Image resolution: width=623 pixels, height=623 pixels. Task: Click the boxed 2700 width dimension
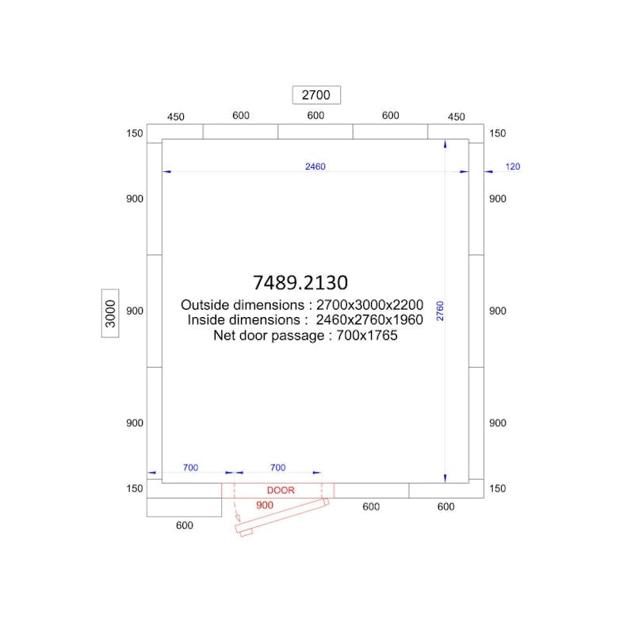point(316,95)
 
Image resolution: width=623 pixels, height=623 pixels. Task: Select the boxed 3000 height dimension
point(110,314)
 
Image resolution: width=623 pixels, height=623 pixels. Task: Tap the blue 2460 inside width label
point(315,166)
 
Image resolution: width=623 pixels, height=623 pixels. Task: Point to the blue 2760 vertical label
point(440,311)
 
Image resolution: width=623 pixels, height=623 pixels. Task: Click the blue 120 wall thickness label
point(513,166)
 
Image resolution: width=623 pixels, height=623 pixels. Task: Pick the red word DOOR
point(281,491)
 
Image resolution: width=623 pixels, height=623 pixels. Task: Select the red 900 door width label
point(265,505)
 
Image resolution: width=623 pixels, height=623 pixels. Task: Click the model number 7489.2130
point(300,282)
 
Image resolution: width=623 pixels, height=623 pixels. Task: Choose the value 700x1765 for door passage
point(367,335)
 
